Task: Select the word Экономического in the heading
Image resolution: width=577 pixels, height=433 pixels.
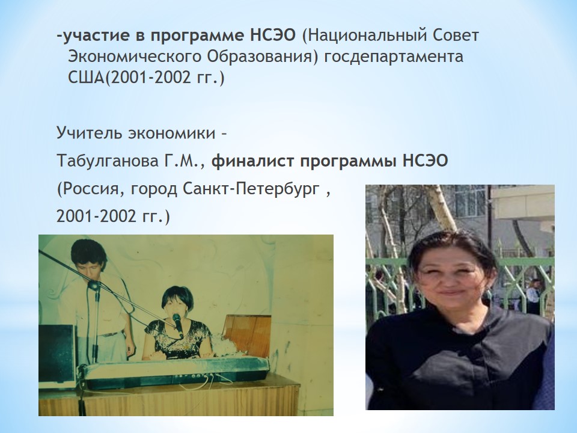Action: (134, 57)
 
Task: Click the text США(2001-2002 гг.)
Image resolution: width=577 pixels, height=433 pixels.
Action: (146, 78)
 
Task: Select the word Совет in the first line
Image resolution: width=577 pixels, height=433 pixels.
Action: (456, 35)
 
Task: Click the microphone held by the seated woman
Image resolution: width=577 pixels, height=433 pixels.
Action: (177, 325)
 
